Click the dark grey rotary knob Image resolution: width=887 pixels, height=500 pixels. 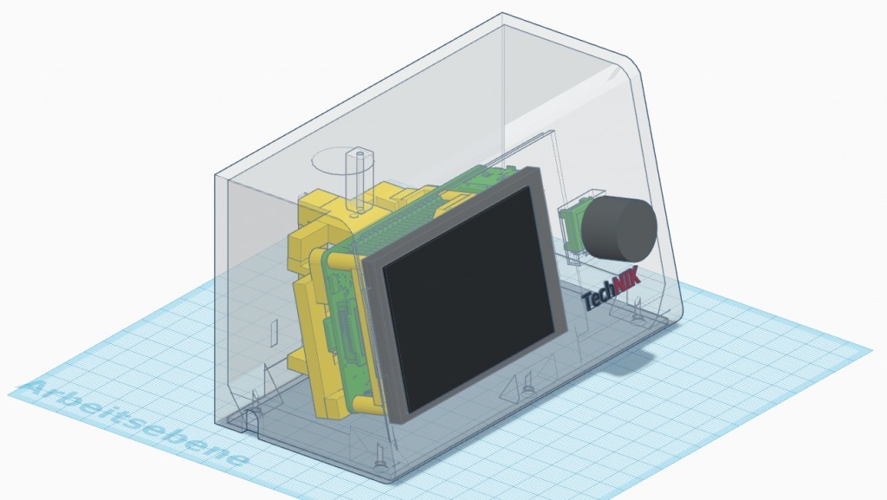618,229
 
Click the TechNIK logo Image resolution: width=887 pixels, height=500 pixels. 611,289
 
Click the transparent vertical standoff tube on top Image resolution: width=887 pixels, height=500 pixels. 359,181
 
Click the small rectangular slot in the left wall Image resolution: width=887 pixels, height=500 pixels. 275,333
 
